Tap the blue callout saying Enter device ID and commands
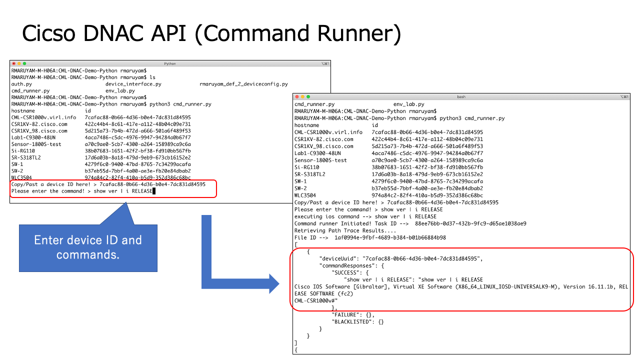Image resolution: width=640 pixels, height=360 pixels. [88, 247]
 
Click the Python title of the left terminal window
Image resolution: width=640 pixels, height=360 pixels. [170, 63]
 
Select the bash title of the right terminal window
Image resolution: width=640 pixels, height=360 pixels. [461, 96]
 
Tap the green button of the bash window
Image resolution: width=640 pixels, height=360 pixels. [308, 96]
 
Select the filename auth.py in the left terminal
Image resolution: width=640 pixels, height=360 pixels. [21, 84]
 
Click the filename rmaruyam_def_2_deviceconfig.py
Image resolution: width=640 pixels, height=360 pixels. [243, 84]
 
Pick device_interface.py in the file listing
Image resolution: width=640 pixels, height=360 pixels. [133, 84]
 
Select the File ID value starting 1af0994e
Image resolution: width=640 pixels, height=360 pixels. [390, 237]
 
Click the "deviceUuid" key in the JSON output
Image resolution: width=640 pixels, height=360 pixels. [338, 258]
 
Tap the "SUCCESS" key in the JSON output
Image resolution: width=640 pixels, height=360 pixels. [347, 272]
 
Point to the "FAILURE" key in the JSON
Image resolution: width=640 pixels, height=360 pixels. [347, 314]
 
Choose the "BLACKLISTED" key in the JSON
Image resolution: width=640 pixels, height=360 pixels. [353, 321]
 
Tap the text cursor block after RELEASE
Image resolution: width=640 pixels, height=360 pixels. [154, 191]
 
